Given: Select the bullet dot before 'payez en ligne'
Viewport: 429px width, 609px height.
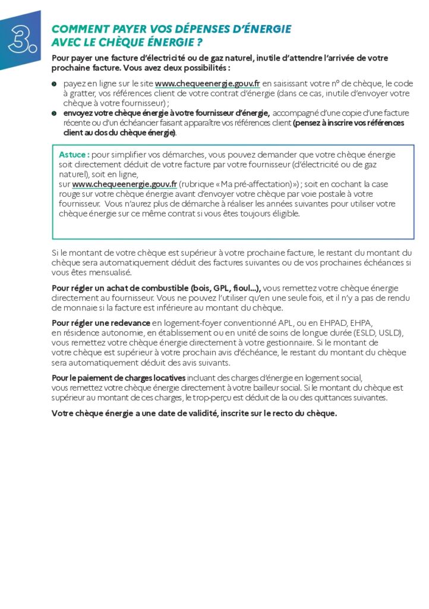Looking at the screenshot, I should tap(54, 84).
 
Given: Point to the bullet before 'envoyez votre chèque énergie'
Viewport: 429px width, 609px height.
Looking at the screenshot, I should tap(54, 113).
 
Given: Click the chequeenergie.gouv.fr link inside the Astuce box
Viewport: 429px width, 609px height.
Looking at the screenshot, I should tap(124, 184).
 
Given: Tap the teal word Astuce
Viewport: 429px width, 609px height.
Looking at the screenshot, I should tap(74, 155).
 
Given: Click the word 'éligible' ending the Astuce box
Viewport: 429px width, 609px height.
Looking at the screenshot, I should tap(282, 214).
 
